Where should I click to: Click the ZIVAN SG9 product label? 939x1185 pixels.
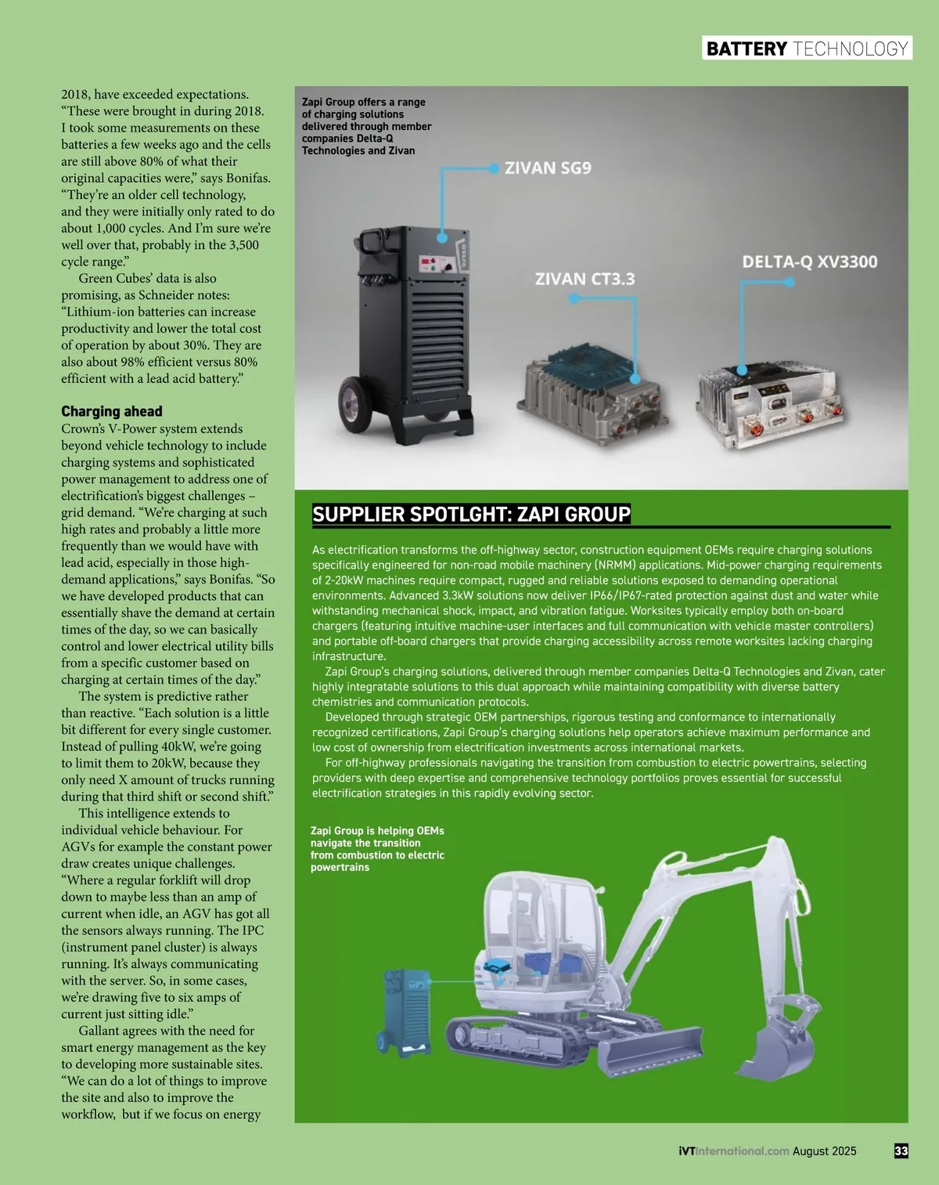[548, 168]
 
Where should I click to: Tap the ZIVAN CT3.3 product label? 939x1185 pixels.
[585, 279]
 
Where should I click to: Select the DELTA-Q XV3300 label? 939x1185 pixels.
[809, 262]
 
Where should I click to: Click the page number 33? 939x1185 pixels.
[901, 1151]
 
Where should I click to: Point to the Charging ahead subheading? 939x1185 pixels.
[112, 411]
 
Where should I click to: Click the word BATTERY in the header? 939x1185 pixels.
[747, 49]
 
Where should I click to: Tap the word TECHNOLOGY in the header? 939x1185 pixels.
[850, 49]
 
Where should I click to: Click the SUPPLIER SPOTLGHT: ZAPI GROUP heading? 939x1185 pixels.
[471, 515]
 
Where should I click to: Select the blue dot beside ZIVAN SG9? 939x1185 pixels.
[494, 168]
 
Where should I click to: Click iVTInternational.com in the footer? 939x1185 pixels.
[733, 1151]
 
